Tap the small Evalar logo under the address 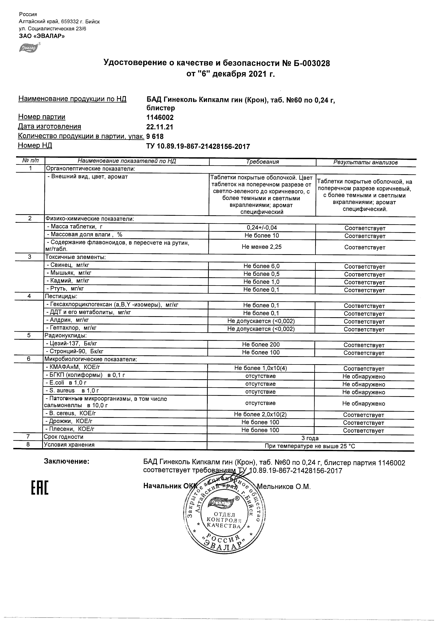[28, 47]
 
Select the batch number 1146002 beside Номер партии [160, 118]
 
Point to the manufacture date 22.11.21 [160, 127]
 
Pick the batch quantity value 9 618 [155, 137]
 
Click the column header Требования [262, 162]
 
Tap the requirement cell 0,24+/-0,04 [262, 228]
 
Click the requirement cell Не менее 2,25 [261, 247]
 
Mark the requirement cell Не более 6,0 [261, 266]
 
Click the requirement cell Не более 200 [261, 345]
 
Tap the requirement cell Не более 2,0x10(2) [260, 415]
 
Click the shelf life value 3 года [310, 438]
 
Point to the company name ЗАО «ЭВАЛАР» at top [42, 36]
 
